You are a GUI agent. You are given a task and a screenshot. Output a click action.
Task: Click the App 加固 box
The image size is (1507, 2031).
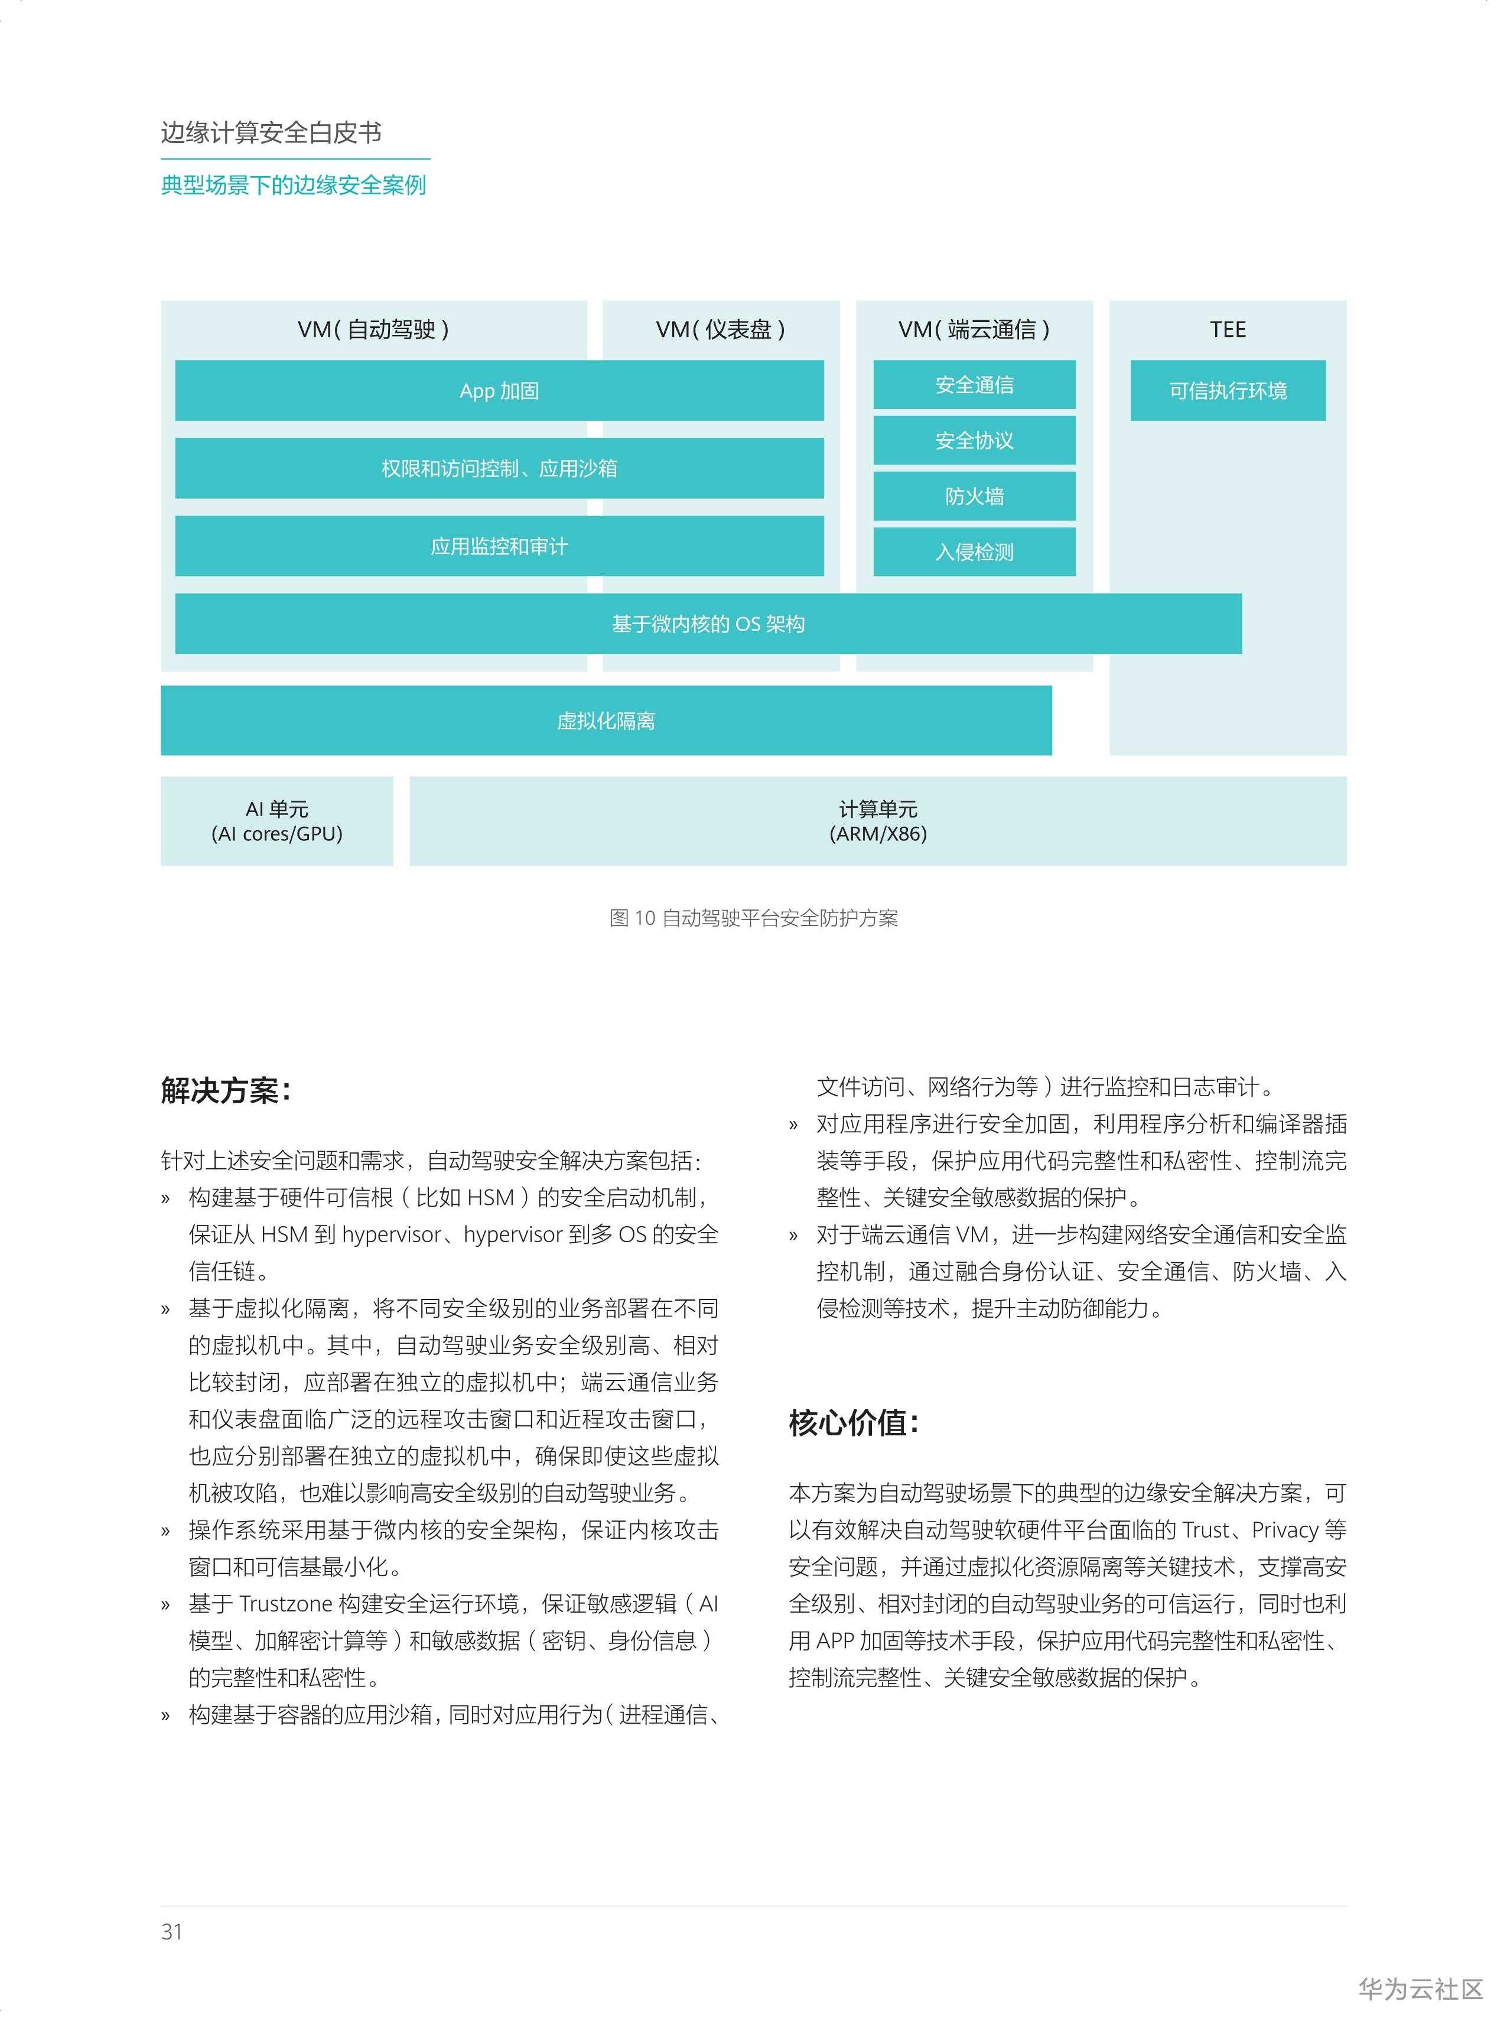(x=499, y=391)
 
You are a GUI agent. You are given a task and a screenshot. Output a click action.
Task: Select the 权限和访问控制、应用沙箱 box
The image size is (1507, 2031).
(x=499, y=468)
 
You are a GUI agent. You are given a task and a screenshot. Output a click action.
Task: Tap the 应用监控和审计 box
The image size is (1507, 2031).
(x=499, y=545)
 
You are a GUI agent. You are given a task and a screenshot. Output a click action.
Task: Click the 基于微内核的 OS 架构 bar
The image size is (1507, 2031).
(x=708, y=624)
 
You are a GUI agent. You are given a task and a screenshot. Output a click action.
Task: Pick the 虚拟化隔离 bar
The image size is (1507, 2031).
(x=606, y=721)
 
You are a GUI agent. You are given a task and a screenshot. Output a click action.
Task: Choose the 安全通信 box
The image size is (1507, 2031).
(x=974, y=385)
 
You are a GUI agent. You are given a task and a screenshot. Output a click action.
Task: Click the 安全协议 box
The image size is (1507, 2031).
(x=974, y=441)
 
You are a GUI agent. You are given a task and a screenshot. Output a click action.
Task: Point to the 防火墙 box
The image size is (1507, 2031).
(x=974, y=496)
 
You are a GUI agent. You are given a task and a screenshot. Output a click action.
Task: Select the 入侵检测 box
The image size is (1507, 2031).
(x=974, y=552)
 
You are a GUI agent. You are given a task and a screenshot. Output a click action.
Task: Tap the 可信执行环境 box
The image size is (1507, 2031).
(x=1228, y=391)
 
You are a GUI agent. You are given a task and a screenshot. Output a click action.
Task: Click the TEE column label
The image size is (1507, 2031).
(x=1228, y=329)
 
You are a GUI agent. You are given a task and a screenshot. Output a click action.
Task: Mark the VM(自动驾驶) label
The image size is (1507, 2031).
(x=373, y=329)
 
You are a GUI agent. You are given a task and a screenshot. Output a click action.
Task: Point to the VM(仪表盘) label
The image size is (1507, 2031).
(x=721, y=329)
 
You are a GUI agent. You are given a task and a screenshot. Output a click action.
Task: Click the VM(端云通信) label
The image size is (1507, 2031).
(x=974, y=329)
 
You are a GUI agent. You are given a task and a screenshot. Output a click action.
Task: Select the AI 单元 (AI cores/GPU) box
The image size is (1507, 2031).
(x=276, y=821)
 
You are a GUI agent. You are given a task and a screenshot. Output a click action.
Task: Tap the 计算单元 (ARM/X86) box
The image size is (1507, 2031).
(x=878, y=821)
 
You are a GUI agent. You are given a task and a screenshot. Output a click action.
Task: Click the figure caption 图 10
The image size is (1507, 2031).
(x=754, y=918)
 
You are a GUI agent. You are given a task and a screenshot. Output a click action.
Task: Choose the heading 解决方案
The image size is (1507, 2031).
(x=225, y=1090)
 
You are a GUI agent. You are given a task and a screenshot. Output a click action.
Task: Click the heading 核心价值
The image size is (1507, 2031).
(x=853, y=1422)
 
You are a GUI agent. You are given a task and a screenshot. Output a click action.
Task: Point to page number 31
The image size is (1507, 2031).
(x=171, y=1932)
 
